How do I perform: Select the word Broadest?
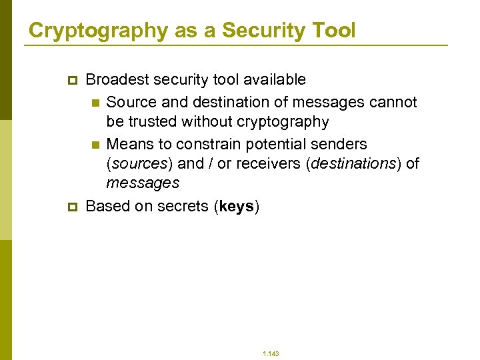click(117, 80)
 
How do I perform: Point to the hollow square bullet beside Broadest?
click(73, 81)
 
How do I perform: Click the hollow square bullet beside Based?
click(73, 207)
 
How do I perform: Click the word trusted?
click(153, 122)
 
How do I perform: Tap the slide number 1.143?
click(271, 353)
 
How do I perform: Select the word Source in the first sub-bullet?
click(129, 103)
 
